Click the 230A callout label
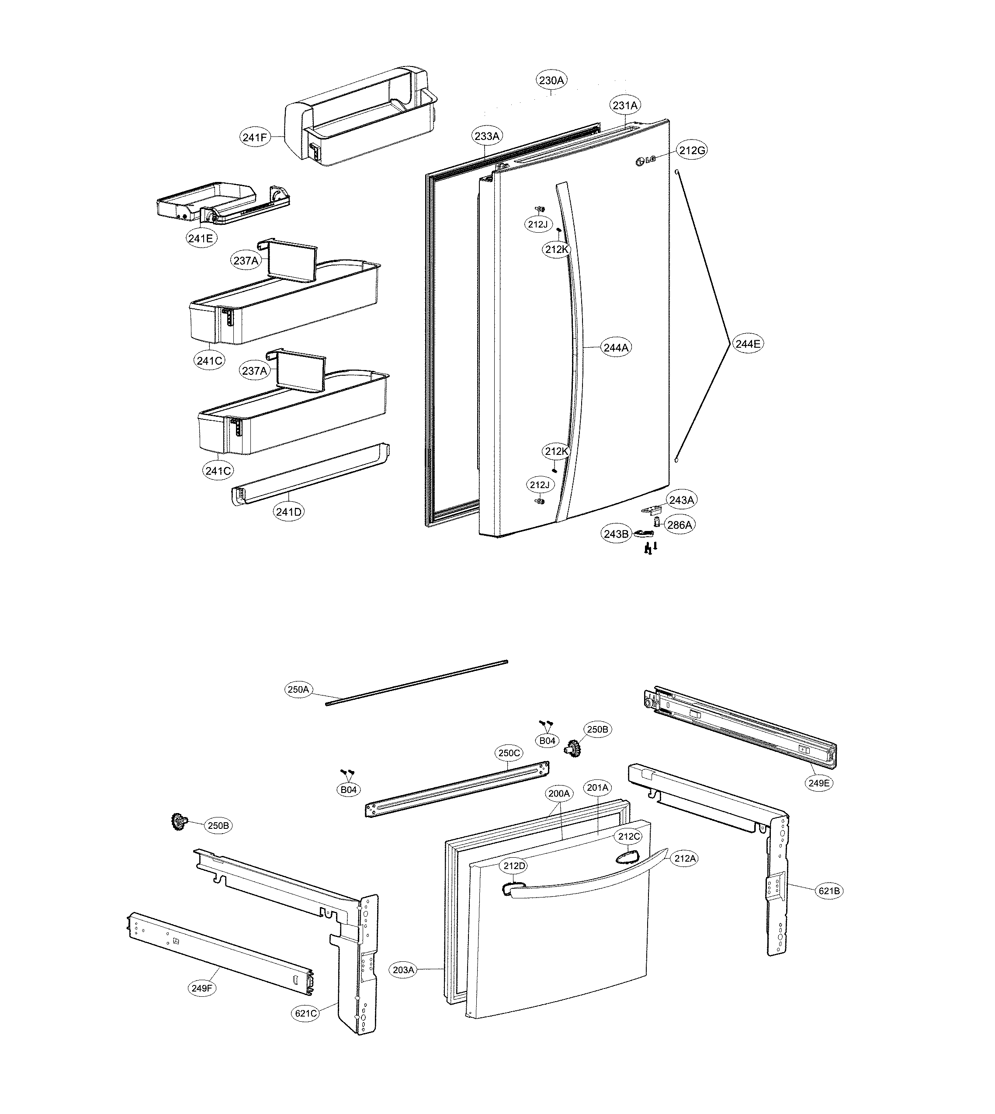(551, 80)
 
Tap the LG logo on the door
(645, 161)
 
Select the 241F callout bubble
(255, 137)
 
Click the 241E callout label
(200, 238)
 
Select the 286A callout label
(680, 525)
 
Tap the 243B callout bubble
(616, 534)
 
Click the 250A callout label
(298, 689)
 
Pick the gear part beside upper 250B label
(572, 747)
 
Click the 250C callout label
(509, 753)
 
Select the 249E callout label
(819, 783)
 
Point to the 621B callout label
(829, 891)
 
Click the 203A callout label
(403, 970)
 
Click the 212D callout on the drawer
(514, 866)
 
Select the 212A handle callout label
(685, 859)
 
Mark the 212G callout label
(692, 150)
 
